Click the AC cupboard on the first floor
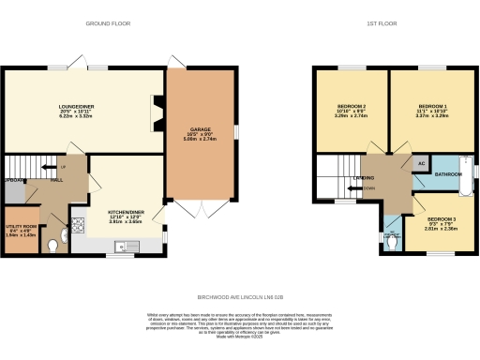tap(420, 162)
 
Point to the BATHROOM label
tap(447, 174)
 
